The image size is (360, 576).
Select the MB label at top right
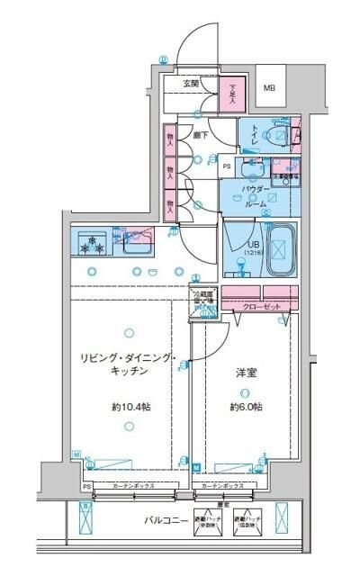point(269,88)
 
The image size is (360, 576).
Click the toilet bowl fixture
point(283,136)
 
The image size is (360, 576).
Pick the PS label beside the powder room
point(227,166)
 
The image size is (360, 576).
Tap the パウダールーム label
point(254,195)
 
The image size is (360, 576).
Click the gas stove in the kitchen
point(91,244)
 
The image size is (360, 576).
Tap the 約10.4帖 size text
point(130,407)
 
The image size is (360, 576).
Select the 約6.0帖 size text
point(245,407)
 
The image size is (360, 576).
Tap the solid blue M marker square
point(195,466)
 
